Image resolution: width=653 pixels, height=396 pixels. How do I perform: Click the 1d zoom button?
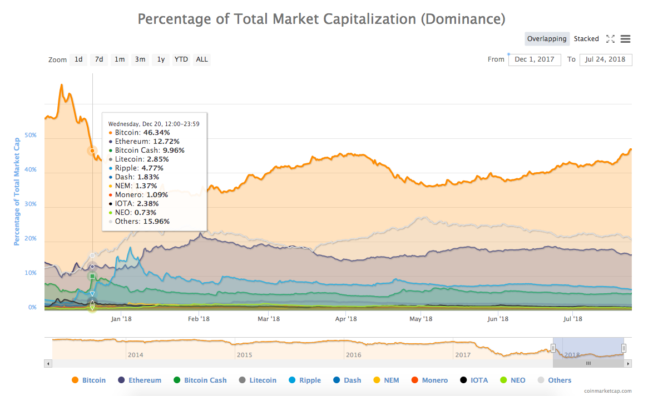pos(78,59)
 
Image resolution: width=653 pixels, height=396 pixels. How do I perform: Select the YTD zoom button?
pos(181,59)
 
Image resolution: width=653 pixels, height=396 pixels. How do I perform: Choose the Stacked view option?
pos(586,39)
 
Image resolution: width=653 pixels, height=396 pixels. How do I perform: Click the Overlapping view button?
pos(547,39)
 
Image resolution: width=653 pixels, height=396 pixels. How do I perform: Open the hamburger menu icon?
pos(625,39)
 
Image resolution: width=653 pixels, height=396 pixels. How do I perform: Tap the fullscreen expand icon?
pos(610,39)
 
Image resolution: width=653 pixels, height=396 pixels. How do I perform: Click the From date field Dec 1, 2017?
pos(535,59)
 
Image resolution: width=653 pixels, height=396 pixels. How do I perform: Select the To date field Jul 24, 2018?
pos(606,59)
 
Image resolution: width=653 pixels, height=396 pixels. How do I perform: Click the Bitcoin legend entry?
pos(89,380)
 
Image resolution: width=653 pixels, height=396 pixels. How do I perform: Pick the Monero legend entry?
pos(429,380)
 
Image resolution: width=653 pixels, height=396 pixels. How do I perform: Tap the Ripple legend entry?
pos(305,380)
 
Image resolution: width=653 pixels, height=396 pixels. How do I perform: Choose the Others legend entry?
pos(554,380)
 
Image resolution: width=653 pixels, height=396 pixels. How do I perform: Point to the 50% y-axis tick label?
pos(30,136)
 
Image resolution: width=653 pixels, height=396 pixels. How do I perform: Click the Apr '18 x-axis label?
pos(346,319)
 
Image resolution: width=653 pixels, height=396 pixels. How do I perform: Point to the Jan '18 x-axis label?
pos(121,319)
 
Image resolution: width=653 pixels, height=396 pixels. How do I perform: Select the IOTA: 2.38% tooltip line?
pos(135,204)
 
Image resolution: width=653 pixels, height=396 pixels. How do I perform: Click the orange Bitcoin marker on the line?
pos(92,151)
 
